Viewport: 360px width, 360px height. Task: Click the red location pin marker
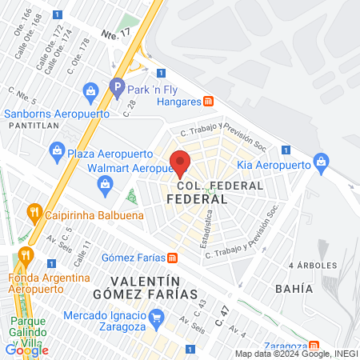click(181, 162)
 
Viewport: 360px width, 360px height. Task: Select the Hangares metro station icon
click(209, 102)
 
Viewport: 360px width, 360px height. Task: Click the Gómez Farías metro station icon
click(172, 258)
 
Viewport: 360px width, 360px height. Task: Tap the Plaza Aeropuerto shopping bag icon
click(57, 149)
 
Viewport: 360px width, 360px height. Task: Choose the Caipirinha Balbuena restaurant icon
click(34, 212)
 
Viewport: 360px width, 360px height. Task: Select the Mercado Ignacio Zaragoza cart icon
click(157, 317)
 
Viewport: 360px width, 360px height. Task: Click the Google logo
click(26, 350)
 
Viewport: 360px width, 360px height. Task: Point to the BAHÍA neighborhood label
click(293, 288)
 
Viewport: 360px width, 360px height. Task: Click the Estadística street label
click(209, 226)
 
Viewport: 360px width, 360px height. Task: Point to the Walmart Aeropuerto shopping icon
click(104, 186)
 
